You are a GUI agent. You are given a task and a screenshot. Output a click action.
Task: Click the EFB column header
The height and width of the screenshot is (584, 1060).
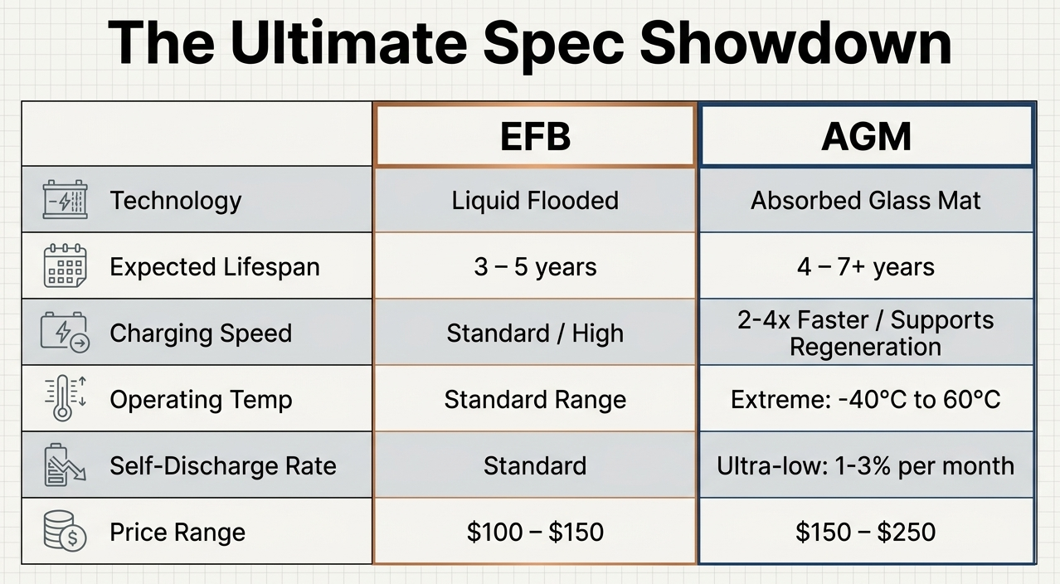coord(535,137)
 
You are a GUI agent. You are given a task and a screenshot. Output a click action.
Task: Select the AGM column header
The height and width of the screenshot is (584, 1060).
coord(866,137)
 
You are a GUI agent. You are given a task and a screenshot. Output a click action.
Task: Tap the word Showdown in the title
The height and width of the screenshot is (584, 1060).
coord(795,42)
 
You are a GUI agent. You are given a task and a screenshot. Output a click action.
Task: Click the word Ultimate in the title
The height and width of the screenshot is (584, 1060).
coord(349,42)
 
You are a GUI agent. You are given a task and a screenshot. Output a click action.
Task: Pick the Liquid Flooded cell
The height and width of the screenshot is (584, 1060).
coord(535,200)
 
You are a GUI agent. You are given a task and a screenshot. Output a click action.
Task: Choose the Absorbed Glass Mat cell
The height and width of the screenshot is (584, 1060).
coord(866,200)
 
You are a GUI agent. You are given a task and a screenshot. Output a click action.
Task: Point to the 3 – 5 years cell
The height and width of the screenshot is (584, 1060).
coord(535,266)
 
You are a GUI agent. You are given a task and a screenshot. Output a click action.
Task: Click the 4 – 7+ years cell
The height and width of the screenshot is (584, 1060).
coord(866,266)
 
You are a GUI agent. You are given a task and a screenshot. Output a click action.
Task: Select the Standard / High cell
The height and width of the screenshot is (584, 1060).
coord(535,333)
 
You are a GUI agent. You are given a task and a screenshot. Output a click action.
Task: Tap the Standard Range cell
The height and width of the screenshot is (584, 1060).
coord(535,400)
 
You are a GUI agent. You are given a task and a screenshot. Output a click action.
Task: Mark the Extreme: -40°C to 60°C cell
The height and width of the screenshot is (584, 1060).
coord(866,400)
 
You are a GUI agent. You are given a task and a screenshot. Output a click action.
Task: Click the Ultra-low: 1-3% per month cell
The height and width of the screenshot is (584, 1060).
coord(866,466)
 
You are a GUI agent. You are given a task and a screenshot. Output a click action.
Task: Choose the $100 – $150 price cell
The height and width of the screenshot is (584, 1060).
coord(535,532)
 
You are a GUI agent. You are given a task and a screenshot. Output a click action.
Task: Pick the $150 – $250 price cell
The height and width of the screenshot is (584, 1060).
coord(866,532)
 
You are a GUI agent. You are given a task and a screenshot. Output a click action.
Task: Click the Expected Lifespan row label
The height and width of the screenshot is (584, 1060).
coord(215,267)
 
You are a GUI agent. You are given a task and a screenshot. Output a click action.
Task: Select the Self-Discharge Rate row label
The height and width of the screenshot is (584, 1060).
coord(223,466)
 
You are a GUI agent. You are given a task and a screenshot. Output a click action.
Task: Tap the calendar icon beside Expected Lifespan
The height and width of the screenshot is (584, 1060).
coord(65,265)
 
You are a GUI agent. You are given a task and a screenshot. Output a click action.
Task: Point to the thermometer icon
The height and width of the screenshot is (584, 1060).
coord(65,397)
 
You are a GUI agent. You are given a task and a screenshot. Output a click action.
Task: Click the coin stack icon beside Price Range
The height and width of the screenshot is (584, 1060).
coord(65,531)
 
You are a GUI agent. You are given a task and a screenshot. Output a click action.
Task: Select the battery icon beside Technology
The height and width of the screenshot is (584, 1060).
coord(66,199)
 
